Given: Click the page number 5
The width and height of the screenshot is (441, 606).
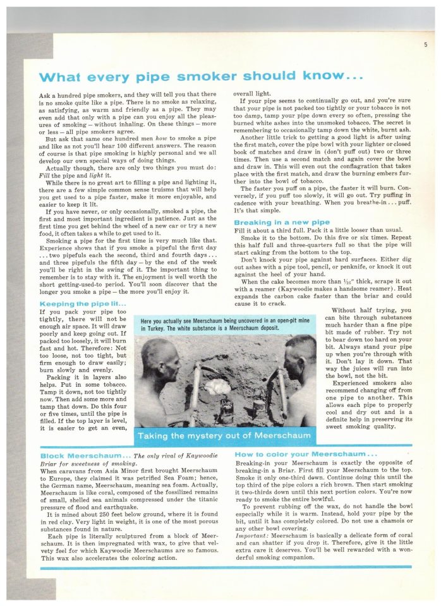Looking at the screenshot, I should (426, 44).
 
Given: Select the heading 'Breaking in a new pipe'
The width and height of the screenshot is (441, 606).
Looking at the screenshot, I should (282, 222).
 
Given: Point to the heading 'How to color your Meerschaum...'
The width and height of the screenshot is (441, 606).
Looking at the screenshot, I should (305, 454).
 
